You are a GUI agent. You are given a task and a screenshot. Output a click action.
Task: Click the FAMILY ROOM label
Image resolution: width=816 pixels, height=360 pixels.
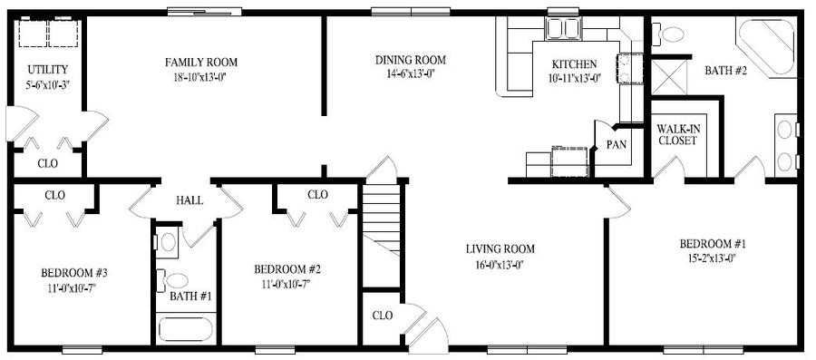[x=200, y=63]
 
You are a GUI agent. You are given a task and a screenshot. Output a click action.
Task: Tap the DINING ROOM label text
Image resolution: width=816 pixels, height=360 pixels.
[x=411, y=61]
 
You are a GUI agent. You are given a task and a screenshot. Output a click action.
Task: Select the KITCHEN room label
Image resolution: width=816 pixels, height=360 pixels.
[x=575, y=64]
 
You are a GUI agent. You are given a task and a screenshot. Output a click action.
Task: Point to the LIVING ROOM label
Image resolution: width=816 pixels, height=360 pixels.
[x=500, y=248]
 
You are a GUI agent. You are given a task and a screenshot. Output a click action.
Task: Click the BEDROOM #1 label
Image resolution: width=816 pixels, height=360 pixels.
[x=712, y=244]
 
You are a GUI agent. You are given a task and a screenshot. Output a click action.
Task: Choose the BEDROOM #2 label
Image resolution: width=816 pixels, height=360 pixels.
[x=288, y=269]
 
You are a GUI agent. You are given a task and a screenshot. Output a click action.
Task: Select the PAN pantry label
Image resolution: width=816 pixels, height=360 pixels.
[x=617, y=144]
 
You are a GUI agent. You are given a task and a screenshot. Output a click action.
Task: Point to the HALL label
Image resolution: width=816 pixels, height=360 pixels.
[x=189, y=200]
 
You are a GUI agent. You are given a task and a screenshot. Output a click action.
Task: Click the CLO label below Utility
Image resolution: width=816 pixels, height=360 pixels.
[x=47, y=164]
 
